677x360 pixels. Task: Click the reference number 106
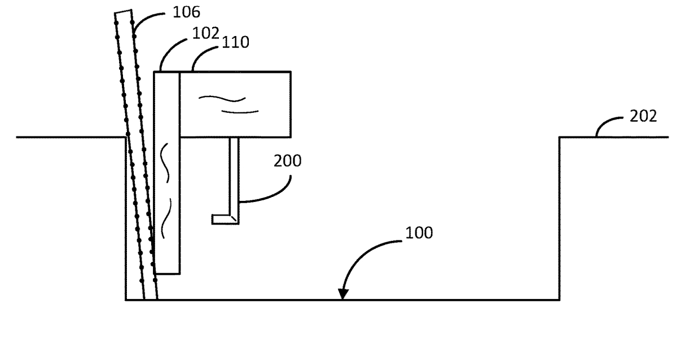[x=186, y=12]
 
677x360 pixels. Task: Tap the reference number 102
[x=205, y=33]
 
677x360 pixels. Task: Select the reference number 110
[x=235, y=42]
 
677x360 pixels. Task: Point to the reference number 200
[x=287, y=161]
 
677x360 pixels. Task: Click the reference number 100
[x=419, y=233]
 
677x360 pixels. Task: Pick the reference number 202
[x=643, y=116]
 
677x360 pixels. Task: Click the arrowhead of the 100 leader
[x=343, y=294]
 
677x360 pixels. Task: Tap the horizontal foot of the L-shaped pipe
[x=225, y=219]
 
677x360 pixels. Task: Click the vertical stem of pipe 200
[x=234, y=176]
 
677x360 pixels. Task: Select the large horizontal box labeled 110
[x=235, y=104]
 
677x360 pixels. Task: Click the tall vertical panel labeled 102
[x=167, y=173]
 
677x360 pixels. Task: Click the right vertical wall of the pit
[x=560, y=218]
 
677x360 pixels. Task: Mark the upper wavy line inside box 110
[x=222, y=98]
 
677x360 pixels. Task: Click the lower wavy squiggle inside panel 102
[x=166, y=218]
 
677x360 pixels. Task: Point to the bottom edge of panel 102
[x=167, y=274]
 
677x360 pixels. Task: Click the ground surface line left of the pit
[x=71, y=137]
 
